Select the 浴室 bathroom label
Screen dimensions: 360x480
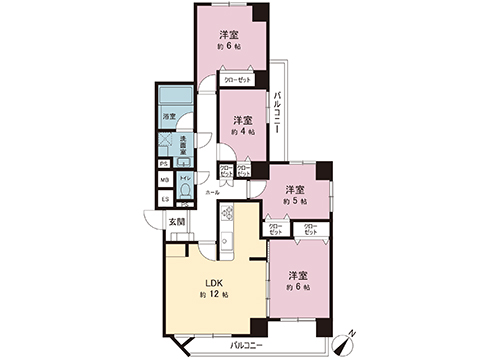[170, 117]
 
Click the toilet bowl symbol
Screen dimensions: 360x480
[184, 187]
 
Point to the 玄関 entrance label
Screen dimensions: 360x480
[175, 220]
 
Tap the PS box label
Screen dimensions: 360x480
[164, 163]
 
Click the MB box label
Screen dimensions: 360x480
[164, 180]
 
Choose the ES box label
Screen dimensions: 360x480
[164, 198]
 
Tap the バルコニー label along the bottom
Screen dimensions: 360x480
[245, 344]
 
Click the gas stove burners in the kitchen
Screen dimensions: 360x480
[226, 212]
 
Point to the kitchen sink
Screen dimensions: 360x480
[226, 241]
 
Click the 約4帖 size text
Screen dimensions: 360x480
[242, 131]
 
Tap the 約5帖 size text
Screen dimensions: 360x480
[295, 202]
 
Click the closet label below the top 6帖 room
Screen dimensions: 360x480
[236, 79]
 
